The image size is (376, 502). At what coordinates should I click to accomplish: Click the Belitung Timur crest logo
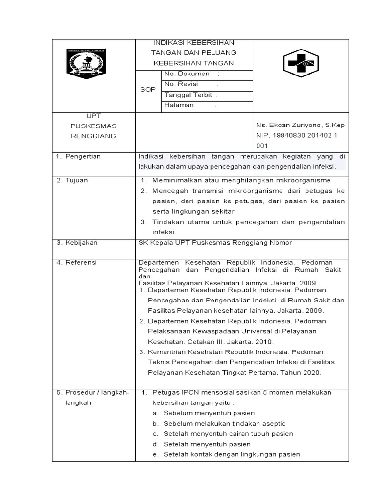point(86,64)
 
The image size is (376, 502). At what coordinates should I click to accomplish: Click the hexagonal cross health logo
point(301,64)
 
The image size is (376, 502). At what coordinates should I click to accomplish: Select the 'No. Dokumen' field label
point(188,74)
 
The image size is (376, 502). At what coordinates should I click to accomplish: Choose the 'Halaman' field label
point(179,105)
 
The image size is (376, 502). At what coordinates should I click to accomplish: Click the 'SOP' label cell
point(147,90)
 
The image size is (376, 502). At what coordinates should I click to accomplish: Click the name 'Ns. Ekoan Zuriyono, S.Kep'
point(300,126)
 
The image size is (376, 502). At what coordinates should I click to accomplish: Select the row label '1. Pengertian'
point(78,156)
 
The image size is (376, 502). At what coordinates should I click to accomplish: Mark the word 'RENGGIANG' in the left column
point(94,136)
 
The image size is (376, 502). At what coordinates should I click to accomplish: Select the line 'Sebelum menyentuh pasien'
point(209,413)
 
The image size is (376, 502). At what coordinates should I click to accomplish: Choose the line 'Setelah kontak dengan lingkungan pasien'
point(232,454)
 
